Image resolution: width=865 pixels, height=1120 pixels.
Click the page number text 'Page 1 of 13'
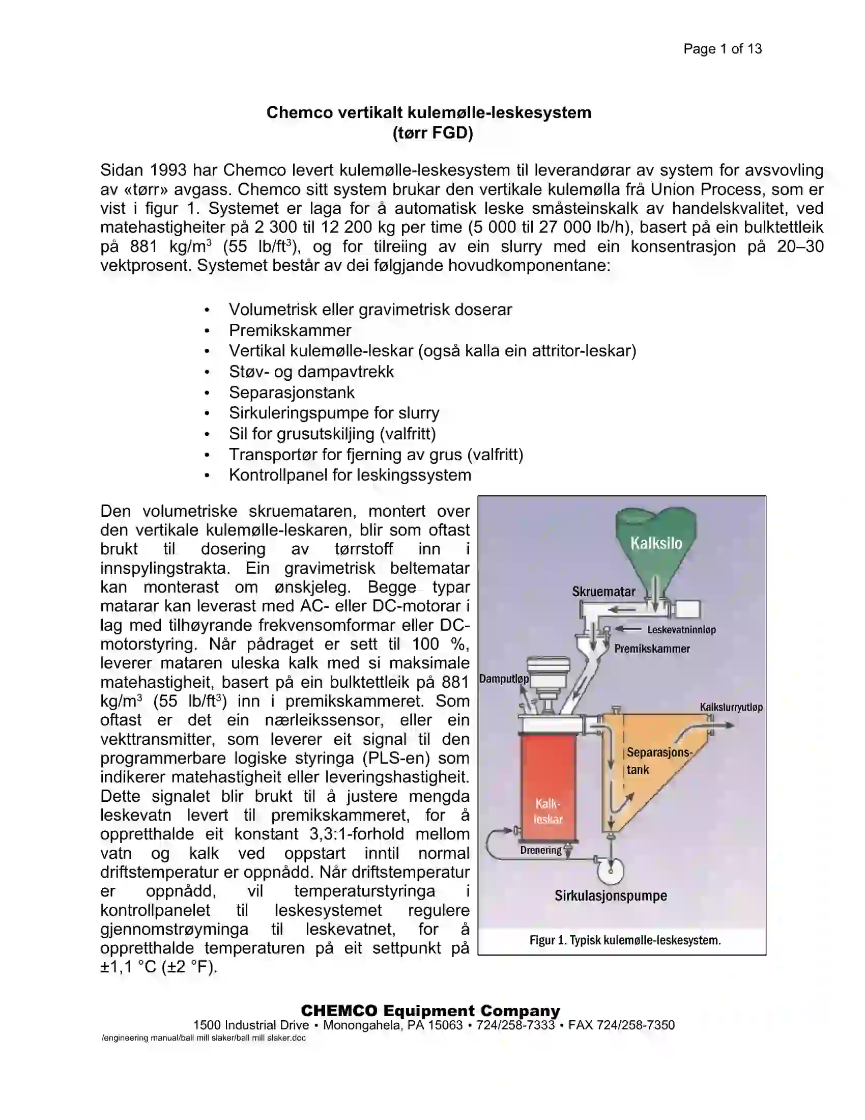722,49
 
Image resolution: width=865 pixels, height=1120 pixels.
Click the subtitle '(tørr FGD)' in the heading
432,133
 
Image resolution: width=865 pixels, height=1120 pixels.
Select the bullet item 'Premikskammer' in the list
290,330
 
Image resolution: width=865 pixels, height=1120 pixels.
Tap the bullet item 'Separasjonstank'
291,393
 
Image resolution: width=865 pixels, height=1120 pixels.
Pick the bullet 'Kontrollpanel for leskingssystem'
350,475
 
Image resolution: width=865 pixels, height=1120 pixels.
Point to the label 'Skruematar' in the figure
603,591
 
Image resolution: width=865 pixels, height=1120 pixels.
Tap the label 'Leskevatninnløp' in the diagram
681,630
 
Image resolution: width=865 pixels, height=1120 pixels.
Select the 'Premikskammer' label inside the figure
652,649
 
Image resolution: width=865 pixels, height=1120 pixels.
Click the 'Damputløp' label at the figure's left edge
504,679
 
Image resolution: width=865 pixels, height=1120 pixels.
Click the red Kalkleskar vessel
549,785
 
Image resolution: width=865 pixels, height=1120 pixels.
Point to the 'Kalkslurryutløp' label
731,707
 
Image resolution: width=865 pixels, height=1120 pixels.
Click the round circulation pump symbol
610,870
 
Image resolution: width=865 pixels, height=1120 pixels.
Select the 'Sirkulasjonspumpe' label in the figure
610,896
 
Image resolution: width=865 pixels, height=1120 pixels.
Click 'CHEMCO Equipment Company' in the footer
430,1011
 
